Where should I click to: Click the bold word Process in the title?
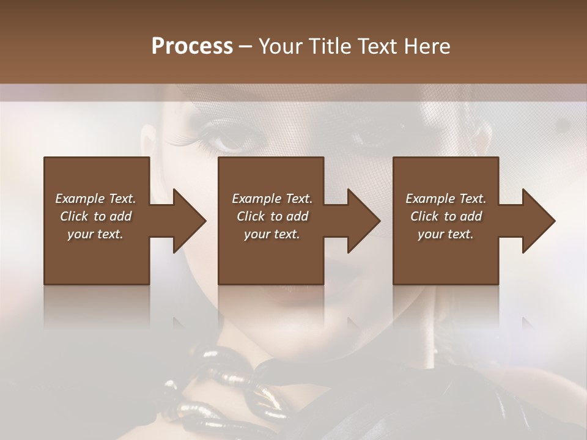(192, 46)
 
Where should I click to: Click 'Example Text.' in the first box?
(95, 199)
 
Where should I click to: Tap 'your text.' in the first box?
(95, 234)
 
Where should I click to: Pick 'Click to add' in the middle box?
(272, 216)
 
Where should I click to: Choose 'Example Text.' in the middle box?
(272, 199)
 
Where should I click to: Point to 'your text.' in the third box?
(446, 234)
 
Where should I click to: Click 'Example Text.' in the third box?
(446, 199)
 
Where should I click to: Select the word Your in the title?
(281, 46)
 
